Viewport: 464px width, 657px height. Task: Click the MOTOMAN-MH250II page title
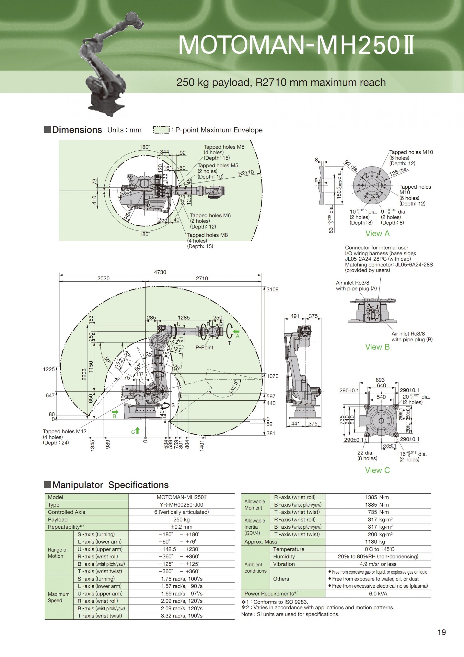coord(296,45)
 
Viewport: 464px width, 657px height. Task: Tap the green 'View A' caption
coord(377,234)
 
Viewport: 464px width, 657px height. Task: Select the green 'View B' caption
coord(377,347)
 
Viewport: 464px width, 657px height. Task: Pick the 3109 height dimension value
coord(272,289)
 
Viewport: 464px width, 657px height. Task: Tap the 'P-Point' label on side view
coord(204,347)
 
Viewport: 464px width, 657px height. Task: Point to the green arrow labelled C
coord(137,430)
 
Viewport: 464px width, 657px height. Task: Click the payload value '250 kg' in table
coord(181,519)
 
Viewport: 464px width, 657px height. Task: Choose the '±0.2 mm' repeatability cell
coord(181,527)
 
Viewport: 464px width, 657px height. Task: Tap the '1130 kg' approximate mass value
coord(378,542)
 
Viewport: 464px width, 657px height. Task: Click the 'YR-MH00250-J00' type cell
coord(181,505)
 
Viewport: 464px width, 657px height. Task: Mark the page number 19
coord(442,632)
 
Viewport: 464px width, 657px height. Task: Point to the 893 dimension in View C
coord(380,380)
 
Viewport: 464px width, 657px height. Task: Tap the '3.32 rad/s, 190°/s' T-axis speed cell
coord(181,616)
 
